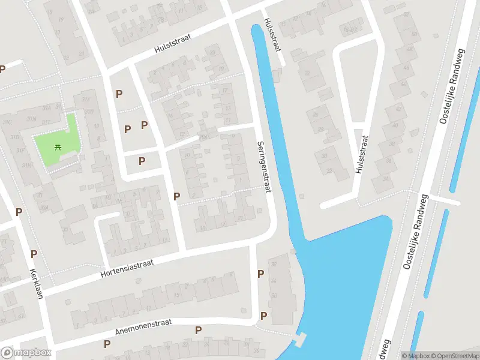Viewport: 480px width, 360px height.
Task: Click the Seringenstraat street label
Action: click(265, 167)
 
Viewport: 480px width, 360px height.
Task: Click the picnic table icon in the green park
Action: click(58, 146)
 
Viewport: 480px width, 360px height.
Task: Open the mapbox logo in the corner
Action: click(26, 353)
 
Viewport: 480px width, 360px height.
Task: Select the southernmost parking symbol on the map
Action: click(107, 344)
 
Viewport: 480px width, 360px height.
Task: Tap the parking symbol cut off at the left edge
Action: click(2, 69)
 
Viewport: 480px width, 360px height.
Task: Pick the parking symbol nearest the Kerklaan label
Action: click(34, 254)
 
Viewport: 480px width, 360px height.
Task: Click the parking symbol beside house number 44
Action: click(261, 274)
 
